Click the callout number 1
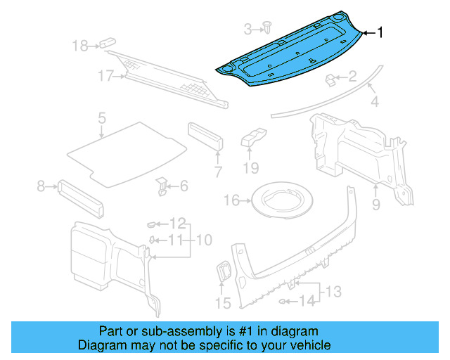[380, 32]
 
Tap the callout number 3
[247, 29]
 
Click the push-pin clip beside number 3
[268, 27]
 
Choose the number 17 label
[105, 76]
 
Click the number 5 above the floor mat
[101, 118]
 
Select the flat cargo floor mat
[127, 151]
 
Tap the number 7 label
[218, 172]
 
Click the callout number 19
[251, 169]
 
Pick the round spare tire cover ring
[283, 201]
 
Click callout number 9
[375, 205]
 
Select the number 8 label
[41, 186]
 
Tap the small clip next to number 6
[162, 186]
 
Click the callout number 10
[203, 240]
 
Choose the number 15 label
[222, 304]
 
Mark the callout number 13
[333, 290]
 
